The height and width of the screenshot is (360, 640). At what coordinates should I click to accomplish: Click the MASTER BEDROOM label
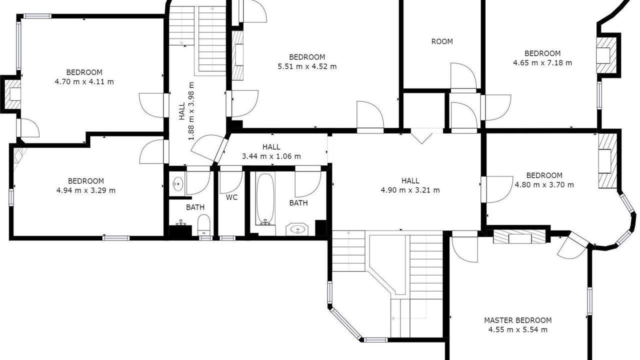pyautogui.click(x=517, y=320)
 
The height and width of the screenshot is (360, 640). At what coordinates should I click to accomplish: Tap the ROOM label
pyautogui.click(x=442, y=41)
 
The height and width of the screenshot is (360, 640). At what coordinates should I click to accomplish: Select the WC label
pyautogui.click(x=231, y=197)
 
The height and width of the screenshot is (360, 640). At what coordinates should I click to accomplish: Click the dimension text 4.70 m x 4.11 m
pyautogui.click(x=84, y=81)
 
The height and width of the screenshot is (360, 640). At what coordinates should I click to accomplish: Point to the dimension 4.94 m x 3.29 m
pyautogui.click(x=86, y=190)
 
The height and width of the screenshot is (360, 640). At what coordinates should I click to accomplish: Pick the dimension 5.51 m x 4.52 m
pyautogui.click(x=307, y=66)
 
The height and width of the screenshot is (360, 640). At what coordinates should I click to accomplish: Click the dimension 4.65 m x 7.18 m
pyautogui.click(x=542, y=63)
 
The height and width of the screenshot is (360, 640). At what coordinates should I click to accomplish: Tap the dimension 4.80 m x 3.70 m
pyautogui.click(x=544, y=185)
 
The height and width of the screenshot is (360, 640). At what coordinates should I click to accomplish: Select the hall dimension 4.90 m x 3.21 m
pyautogui.click(x=410, y=190)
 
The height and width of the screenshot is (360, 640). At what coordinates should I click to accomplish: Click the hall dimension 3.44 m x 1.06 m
pyautogui.click(x=271, y=156)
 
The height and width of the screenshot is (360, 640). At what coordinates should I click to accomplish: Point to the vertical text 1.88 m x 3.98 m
pyautogui.click(x=191, y=111)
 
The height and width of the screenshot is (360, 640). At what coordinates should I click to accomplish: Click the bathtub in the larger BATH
pyautogui.click(x=265, y=199)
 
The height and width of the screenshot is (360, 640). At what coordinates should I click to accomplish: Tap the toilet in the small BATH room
pyautogui.click(x=203, y=225)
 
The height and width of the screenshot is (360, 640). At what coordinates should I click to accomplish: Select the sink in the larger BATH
pyautogui.click(x=297, y=229)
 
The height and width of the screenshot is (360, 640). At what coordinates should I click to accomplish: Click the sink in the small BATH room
pyautogui.click(x=177, y=183)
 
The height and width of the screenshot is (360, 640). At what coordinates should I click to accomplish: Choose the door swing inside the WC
pyautogui.click(x=231, y=182)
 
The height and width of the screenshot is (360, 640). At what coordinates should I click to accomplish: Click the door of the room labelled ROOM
pyautogui.click(x=463, y=76)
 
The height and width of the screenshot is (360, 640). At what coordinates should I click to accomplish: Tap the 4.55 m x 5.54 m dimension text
pyautogui.click(x=517, y=329)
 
